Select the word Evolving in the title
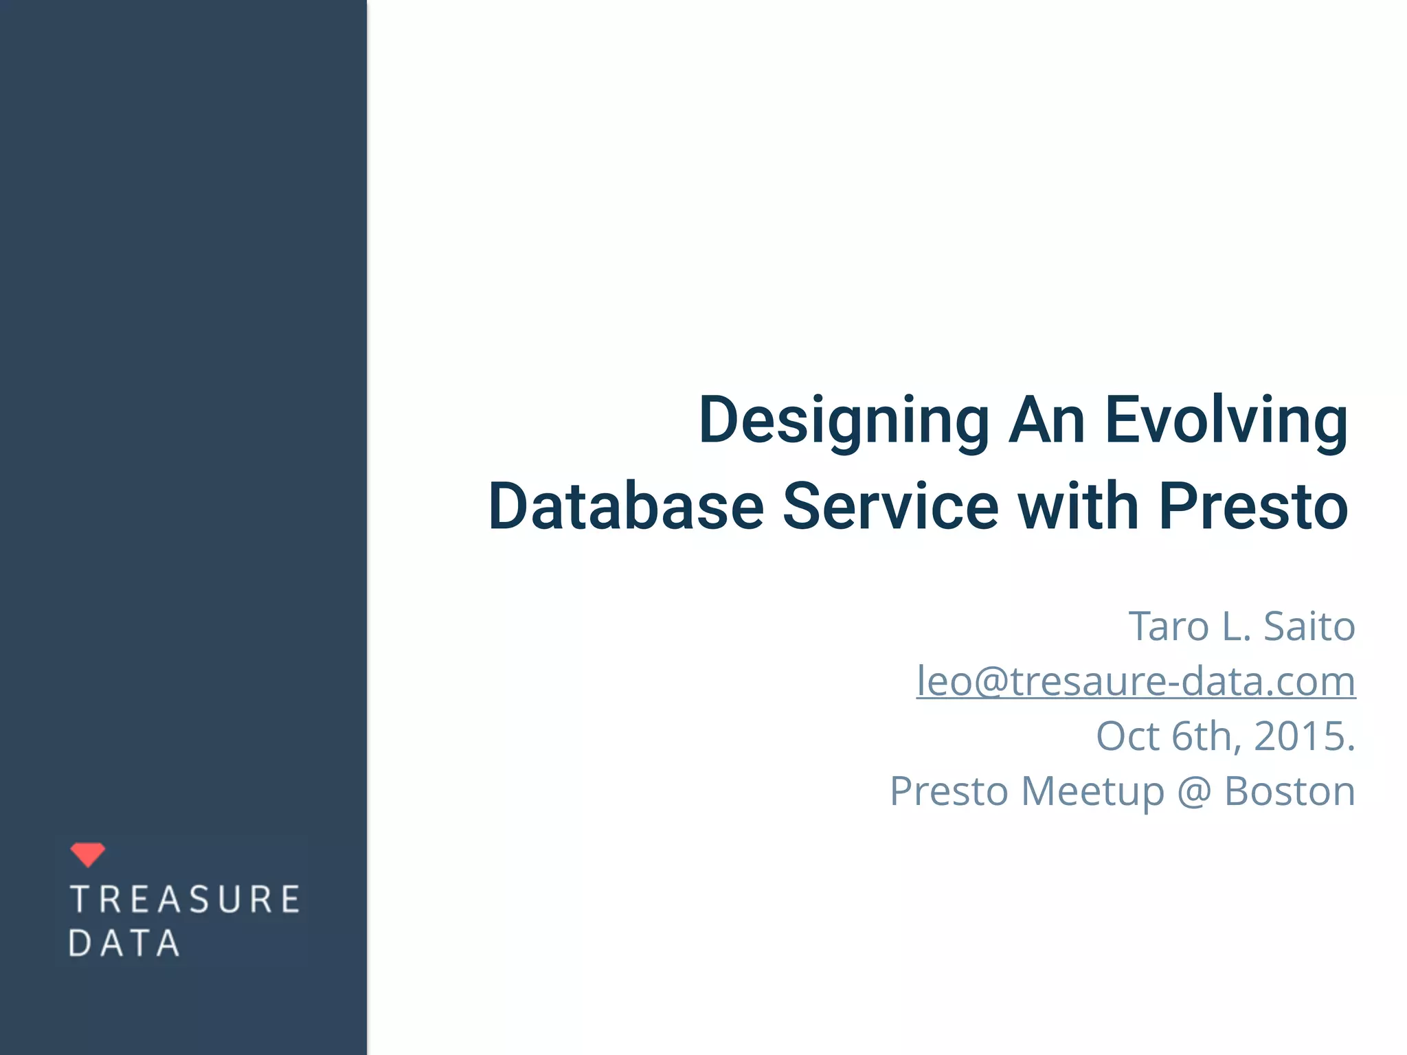click(x=1226, y=420)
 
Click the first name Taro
click(x=1169, y=626)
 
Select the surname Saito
click(x=1309, y=626)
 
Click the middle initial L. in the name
click(x=1237, y=626)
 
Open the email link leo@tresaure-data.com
click(x=1136, y=681)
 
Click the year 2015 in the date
click(x=1299, y=736)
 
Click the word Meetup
click(x=1092, y=792)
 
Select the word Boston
click(x=1290, y=791)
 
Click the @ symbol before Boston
click(x=1194, y=792)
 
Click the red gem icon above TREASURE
click(x=88, y=854)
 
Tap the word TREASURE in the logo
click(x=185, y=900)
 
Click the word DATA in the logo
click(x=124, y=943)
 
